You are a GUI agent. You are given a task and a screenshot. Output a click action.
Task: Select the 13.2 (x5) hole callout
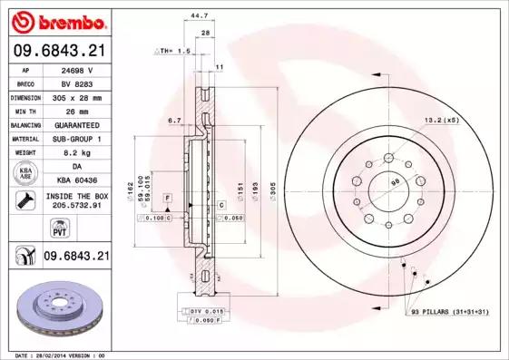click(440, 119)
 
